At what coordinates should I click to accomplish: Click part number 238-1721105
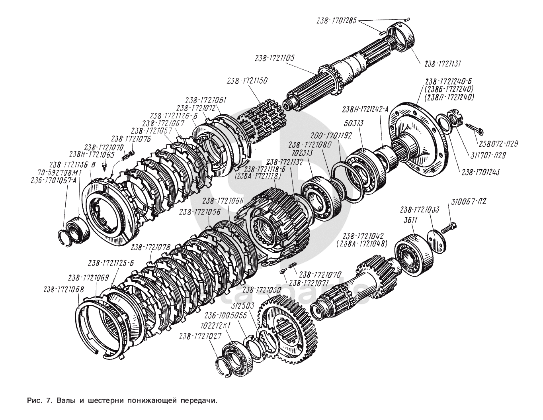pos(275,58)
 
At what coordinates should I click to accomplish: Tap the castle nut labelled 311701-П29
pos(455,117)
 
